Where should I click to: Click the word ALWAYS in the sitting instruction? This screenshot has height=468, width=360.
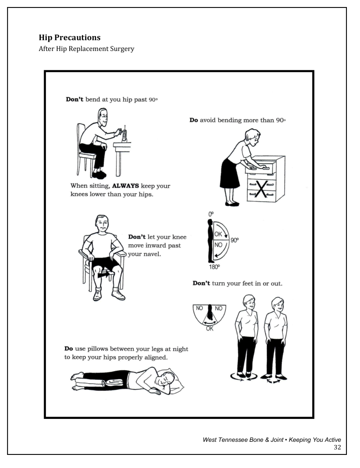pyautogui.click(x=126, y=186)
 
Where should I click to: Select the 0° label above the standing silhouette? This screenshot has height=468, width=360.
pyautogui.click(x=211, y=214)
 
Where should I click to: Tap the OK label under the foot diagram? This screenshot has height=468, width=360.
pyautogui.click(x=210, y=329)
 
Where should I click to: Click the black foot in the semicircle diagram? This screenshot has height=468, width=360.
pyautogui.click(x=210, y=312)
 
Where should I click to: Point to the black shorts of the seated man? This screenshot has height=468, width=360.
pyautogui.click(x=104, y=263)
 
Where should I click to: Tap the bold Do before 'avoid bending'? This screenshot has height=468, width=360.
pyautogui.click(x=193, y=120)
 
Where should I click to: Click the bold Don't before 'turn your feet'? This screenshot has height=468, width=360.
pyautogui.click(x=201, y=284)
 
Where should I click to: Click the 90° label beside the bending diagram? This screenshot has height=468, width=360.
pyautogui.click(x=235, y=240)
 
